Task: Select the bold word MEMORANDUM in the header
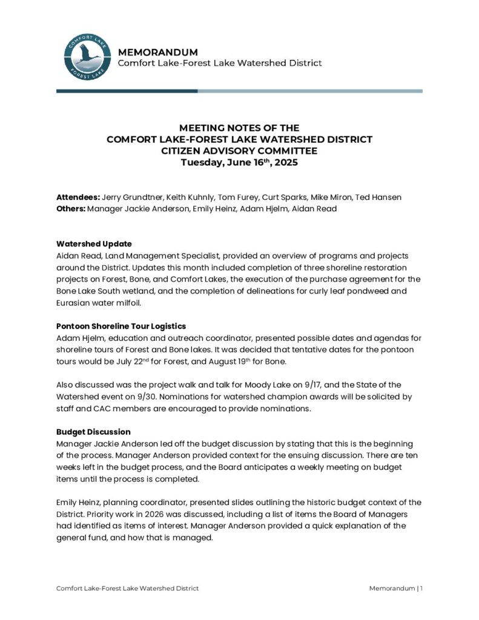[x=157, y=52]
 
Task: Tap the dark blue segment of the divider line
[x=127, y=91]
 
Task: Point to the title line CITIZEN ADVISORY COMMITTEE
[x=239, y=151]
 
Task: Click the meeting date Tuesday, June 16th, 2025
[x=239, y=162]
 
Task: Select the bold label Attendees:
[x=78, y=197]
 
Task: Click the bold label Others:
[x=70, y=208]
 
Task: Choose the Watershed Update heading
[x=94, y=244]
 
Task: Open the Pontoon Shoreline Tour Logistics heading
[x=121, y=326]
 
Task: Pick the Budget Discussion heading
[x=93, y=432]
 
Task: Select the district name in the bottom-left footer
[x=127, y=588]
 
